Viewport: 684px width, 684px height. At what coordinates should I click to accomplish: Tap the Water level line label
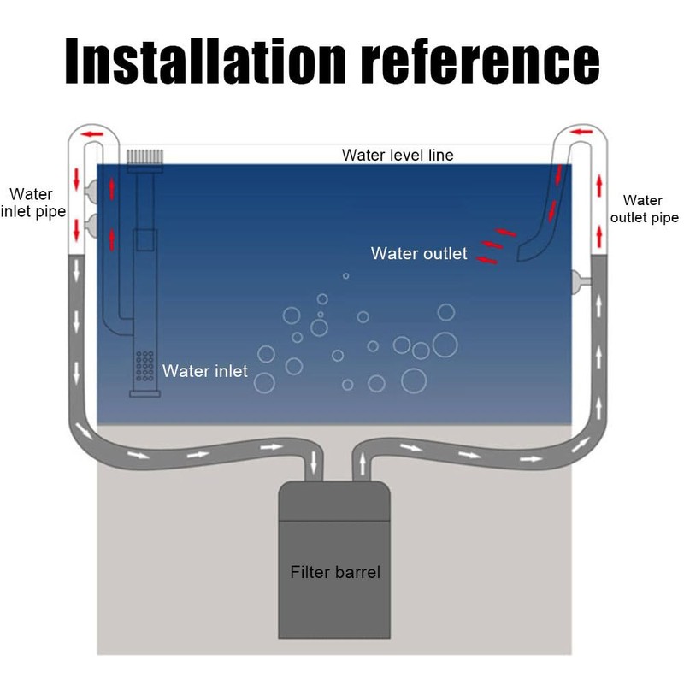pos(398,156)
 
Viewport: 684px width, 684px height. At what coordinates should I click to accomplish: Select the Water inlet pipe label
pos(34,203)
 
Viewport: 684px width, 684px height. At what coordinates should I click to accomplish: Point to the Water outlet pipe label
pos(642,209)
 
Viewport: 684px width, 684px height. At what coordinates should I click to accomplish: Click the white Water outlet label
pos(419,253)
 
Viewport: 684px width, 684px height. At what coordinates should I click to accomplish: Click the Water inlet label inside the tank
pos(205,371)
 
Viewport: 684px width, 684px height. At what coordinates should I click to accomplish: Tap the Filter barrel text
pos(334,572)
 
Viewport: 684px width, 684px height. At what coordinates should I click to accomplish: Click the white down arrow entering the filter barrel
pos(314,463)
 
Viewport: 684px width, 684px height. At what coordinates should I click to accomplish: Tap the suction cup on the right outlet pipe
pos(581,279)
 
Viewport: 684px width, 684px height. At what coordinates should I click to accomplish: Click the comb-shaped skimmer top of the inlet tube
pos(144,157)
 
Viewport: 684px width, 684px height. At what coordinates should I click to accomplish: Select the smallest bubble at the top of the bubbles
pos(345,275)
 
